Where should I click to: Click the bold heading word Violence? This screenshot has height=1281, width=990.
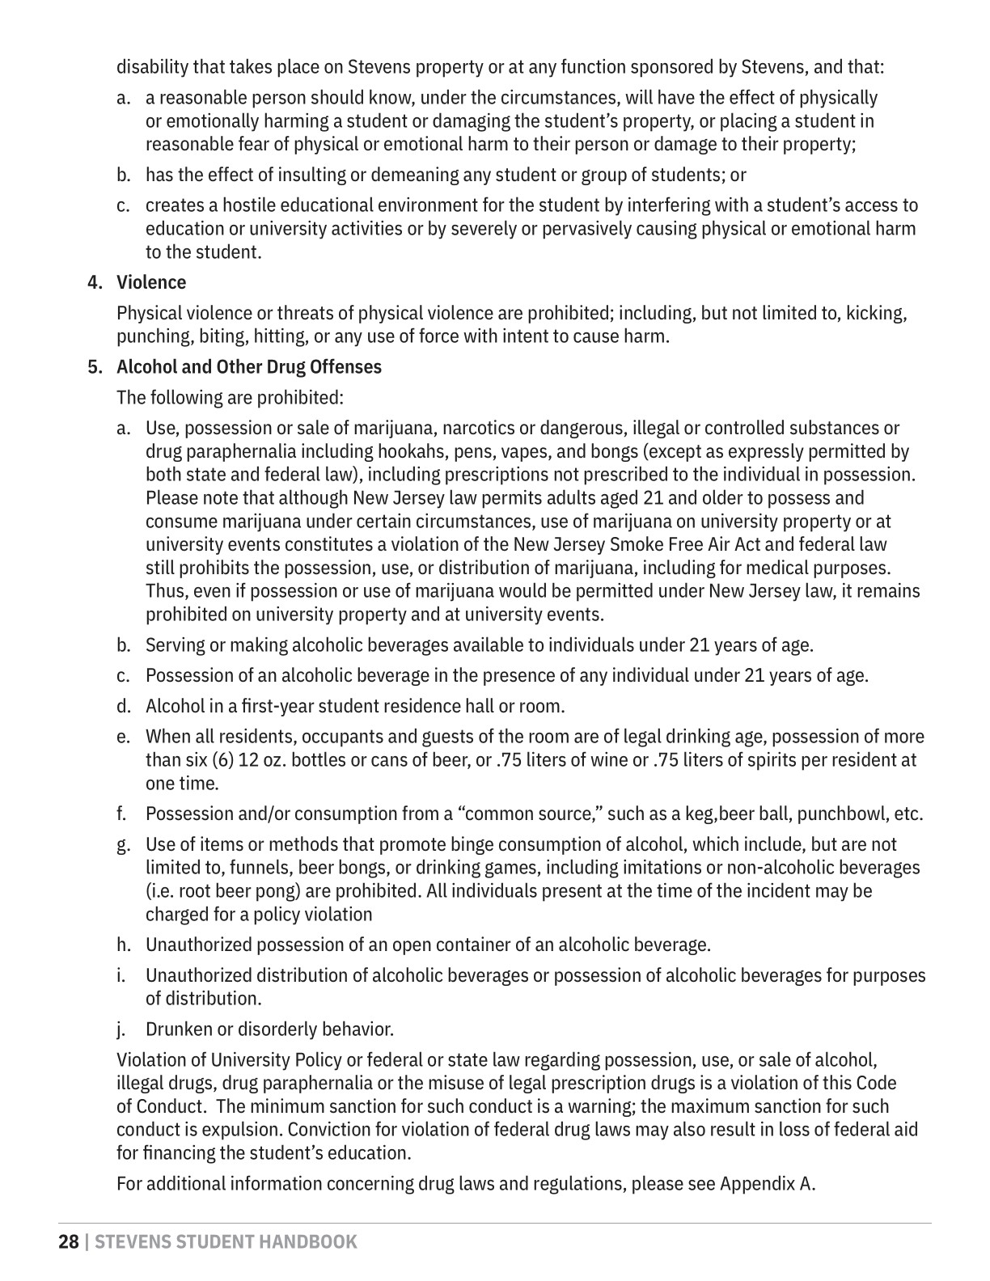tap(151, 282)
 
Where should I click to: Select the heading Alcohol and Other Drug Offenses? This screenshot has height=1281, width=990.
tap(249, 367)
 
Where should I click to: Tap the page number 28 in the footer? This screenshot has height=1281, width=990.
tap(69, 1241)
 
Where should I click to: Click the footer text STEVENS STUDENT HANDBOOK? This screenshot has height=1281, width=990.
tap(226, 1241)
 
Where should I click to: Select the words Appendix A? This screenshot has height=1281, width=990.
tap(768, 1184)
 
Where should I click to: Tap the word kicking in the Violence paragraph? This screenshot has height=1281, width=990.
tap(876, 313)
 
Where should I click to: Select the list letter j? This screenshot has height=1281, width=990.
tap(121, 1029)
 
